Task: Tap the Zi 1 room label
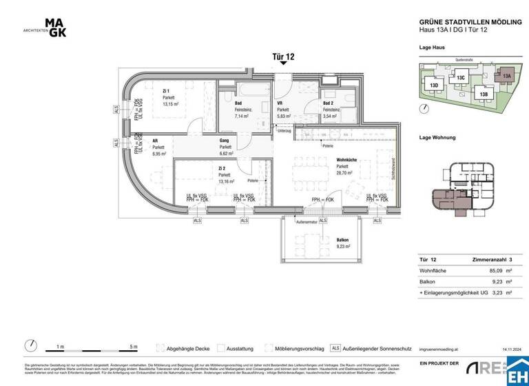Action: [166, 91]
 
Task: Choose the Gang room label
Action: [225, 139]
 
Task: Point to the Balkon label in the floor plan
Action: [342, 238]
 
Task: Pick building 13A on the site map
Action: [506, 76]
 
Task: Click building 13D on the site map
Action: [434, 85]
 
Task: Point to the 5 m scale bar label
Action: [133, 347]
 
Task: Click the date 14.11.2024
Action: [506, 349]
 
